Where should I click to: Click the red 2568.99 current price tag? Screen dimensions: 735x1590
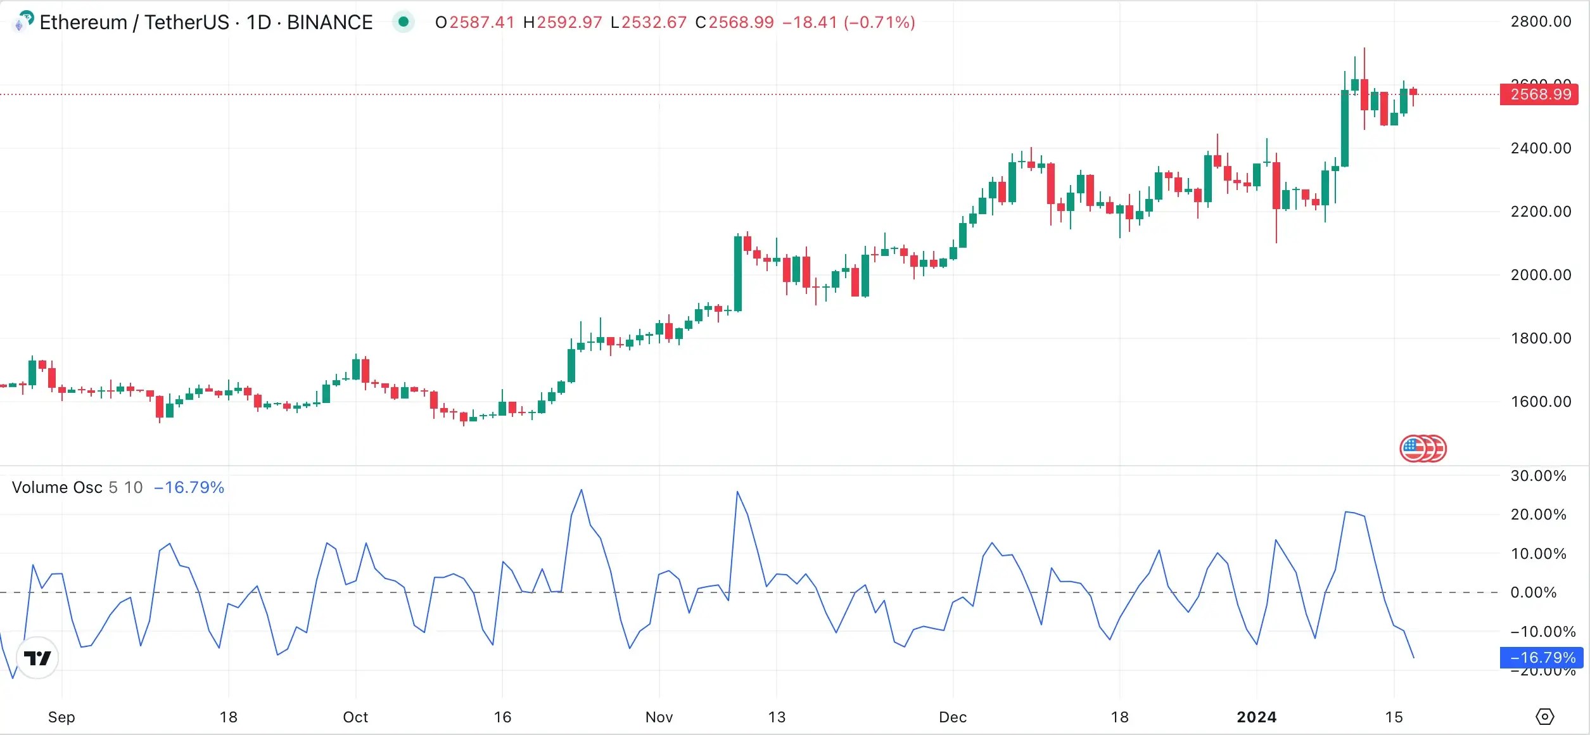(x=1539, y=94)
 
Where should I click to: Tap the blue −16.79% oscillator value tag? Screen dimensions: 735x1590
(x=1541, y=658)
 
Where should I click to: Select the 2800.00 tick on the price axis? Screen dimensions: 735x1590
(x=1541, y=22)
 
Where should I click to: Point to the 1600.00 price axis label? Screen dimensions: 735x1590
(x=1541, y=402)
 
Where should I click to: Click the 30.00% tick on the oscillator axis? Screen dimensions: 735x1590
(x=1538, y=476)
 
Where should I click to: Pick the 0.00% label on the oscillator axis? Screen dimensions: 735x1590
(x=1533, y=592)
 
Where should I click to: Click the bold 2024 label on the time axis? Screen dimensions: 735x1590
(x=1257, y=717)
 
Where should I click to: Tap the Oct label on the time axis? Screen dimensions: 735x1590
(x=355, y=717)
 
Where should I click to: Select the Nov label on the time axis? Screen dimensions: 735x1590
(x=659, y=717)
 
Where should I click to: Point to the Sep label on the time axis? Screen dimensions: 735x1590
(x=61, y=717)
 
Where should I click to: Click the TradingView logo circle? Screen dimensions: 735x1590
(x=37, y=658)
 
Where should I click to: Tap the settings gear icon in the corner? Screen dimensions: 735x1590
(x=1545, y=717)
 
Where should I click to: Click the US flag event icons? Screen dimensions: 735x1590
(x=1423, y=449)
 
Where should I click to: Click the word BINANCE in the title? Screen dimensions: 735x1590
(x=329, y=22)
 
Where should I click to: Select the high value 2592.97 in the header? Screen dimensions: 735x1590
(x=569, y=22)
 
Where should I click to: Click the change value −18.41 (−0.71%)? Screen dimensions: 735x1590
(x=848, y=22)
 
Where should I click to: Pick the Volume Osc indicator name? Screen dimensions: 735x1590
(x=57, y=487)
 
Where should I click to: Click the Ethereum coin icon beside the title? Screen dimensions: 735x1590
(x=23, y=21)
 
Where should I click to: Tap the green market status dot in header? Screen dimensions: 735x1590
(x=403, y=22)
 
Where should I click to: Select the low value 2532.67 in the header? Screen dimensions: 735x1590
(x=654, y=22)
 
